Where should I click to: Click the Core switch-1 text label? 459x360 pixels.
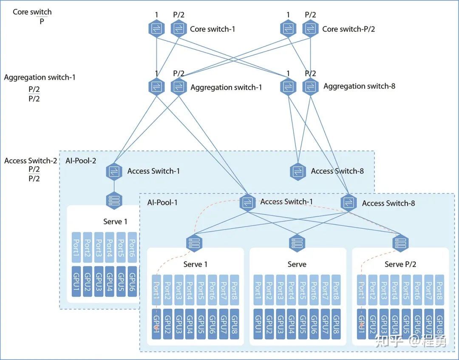pyautogui.click(x=212, y=29)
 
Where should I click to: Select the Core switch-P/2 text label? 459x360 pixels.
pyautogui.click(x=348, y=29)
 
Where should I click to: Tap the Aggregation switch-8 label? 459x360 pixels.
pyautogui.click(x=359, y=86)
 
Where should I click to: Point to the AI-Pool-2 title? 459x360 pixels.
pyautogui.click(x=81, y=161)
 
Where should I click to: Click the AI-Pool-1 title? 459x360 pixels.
pyautogui.click(x=162, y=202)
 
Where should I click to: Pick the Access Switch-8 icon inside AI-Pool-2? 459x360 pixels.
pyautogui.click(x=298, y=171)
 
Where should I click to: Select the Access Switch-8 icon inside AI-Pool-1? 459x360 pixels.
pyautogui.click(x=348, y=203)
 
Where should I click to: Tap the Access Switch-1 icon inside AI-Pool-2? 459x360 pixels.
pyautogui.click(x=114, y=171)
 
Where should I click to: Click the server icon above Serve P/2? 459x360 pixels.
pyautogui.click(x=400, y=243)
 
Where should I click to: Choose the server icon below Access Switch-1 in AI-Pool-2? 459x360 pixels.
pyautogui.click(x=114, y=200)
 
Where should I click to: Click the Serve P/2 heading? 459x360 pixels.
pyautogui.click(x=400, y=264)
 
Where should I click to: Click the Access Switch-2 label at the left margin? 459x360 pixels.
pyautogui.click(x=31, y=161)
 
